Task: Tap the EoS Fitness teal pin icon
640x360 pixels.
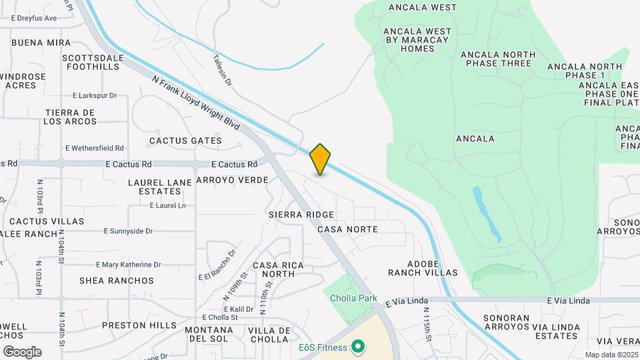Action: coord(358,347)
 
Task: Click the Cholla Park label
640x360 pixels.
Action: coord(353,299)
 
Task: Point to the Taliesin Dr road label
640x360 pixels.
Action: coord(223,70)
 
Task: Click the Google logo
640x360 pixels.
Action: coord(22,352)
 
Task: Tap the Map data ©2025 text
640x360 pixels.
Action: coord(611,355)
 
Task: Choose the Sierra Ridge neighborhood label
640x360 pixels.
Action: coord(301,215)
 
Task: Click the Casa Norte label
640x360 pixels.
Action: coord(347,229)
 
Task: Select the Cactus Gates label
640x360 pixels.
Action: coord(185,141)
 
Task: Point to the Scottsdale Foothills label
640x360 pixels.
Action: coord(93,63)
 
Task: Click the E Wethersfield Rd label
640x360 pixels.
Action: coord(95,148)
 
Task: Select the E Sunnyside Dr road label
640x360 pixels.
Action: coord(129,231)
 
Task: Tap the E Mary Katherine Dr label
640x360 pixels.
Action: coord(129,265)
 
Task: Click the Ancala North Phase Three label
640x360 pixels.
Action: coord(498,59)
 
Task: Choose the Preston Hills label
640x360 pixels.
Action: coord(139,326)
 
